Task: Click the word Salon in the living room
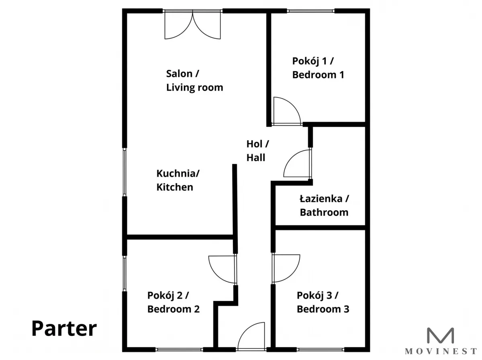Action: click(x=180, y=74)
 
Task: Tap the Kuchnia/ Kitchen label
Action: click(x=178, y=180)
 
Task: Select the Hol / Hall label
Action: click(x=257, y=151)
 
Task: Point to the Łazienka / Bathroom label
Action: click(x=324, y=205)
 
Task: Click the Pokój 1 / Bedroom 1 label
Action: click(x=318, y=68)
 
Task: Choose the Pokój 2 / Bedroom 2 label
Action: click(x=173, y=302)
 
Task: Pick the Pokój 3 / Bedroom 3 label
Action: click(x=323, y=302)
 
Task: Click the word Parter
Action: click(x=64, y=328)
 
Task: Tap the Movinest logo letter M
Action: click(x=440, y=336)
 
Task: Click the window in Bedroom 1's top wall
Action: click(x=310, y=11)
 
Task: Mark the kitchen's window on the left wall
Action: click(x=125, y=172)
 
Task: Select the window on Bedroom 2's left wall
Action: click(x=125, y=273)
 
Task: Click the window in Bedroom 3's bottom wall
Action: click(x=321, y=350)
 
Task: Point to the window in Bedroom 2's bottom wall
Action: click(x=179, y=350)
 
